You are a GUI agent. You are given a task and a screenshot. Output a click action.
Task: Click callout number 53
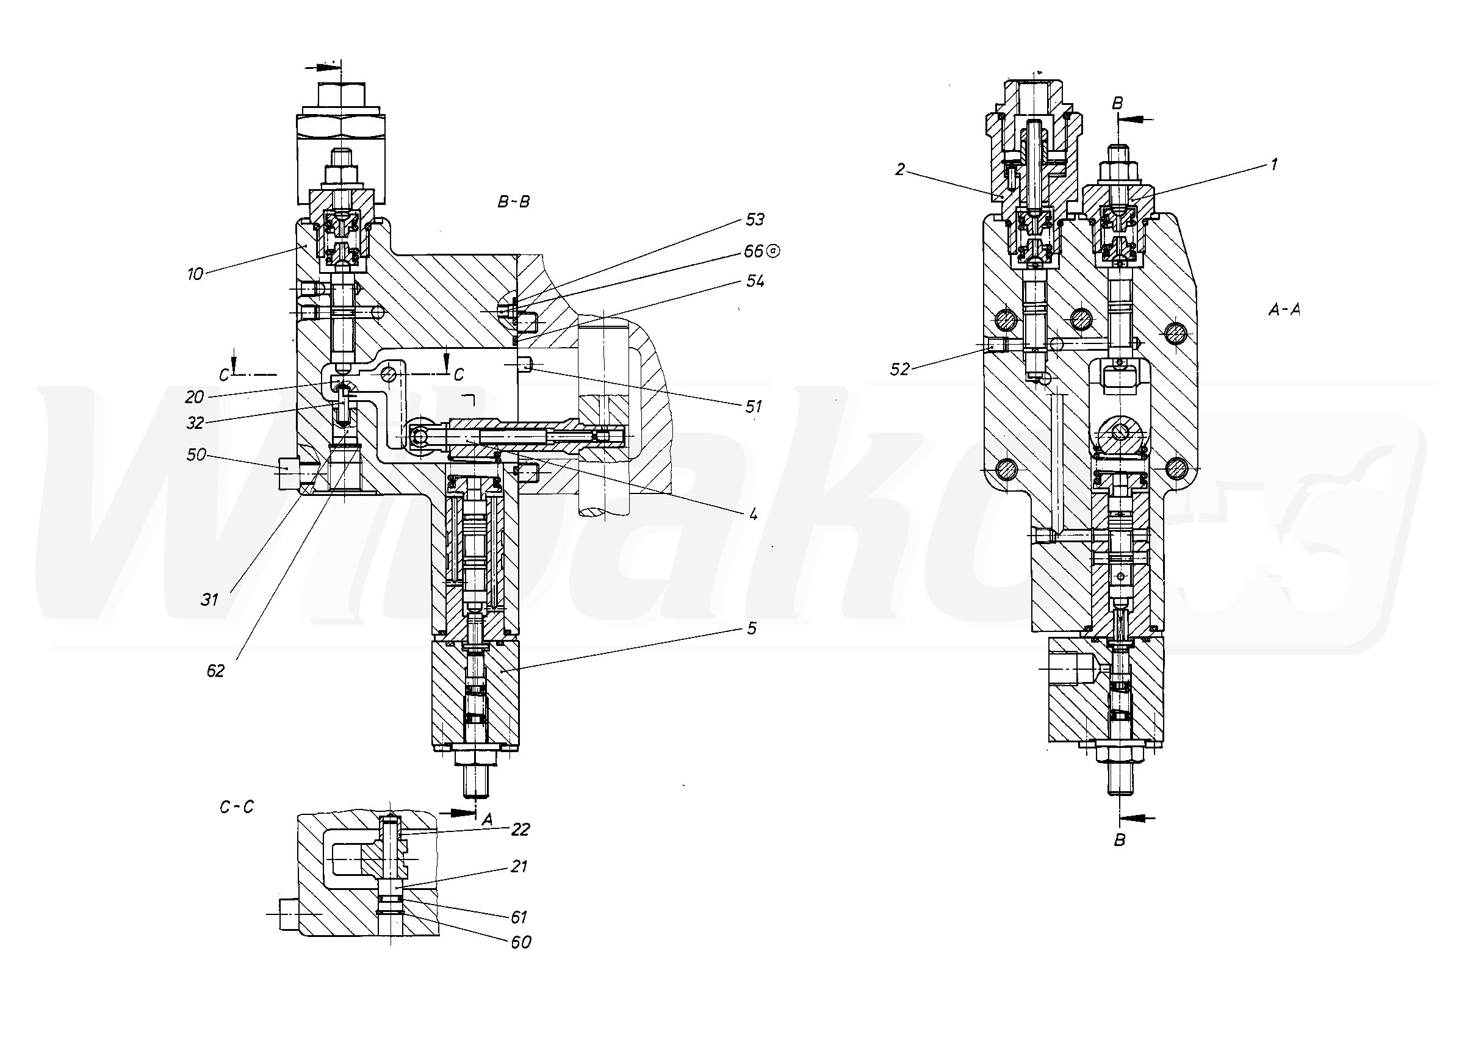pos(755,220)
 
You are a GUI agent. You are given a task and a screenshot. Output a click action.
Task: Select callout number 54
pos(755,282)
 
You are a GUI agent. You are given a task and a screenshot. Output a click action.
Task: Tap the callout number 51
pos(753,407)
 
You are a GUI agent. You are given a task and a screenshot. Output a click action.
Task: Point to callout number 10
pos(195,274)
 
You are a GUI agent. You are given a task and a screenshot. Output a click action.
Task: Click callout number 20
pos(195,398)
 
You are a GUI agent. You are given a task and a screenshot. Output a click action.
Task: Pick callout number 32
pos(195,423)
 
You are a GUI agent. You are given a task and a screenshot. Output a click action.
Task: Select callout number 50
pos(196,454)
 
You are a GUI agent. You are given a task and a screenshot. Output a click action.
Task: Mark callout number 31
pos(210,600)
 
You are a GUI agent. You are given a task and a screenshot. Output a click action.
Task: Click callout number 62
pos(215,671)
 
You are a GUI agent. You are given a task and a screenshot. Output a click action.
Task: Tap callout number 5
pos(752,628)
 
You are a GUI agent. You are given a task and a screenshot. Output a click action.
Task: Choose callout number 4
pos(754,514)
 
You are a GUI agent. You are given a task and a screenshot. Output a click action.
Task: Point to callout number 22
pos(520,830)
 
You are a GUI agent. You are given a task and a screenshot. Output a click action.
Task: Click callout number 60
pos(521,942)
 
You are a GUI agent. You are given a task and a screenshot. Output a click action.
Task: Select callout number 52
pos(899,370)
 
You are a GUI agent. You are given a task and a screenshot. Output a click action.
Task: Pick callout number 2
pos(900,170)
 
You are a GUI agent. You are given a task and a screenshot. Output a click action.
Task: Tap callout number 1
pos(1274,165)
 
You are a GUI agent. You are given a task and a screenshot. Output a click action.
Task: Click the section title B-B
pos(514,202)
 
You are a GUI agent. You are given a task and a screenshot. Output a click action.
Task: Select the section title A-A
pos(1284,310)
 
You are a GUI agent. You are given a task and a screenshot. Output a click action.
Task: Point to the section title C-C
pos(237,808)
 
